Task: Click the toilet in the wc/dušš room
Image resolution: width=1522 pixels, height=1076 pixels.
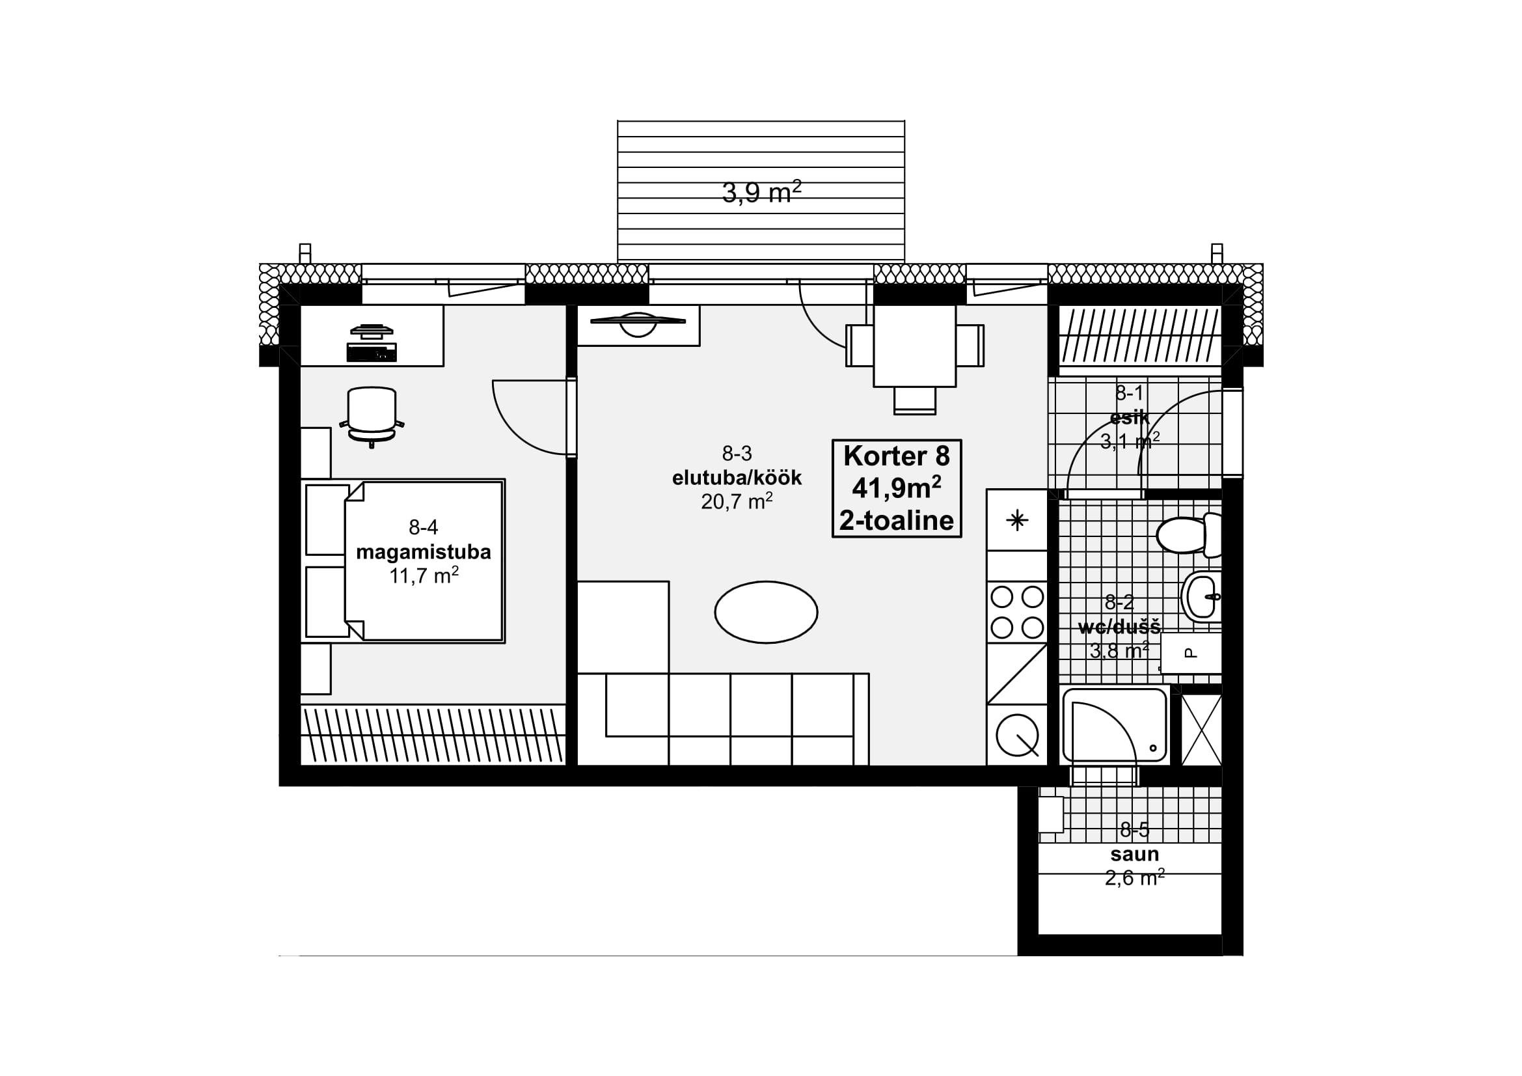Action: (1189, 534)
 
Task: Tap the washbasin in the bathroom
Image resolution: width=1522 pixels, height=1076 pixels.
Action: (1201, 597)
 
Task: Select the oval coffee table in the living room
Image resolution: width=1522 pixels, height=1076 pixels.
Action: (766, 612)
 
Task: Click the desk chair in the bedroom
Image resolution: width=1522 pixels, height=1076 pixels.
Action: (372, 417)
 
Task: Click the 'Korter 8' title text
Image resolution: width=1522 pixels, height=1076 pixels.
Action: (896, 456)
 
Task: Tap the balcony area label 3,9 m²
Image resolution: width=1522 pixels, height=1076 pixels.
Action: (762, 192)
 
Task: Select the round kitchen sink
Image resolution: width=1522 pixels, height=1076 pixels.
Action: (1018, 734)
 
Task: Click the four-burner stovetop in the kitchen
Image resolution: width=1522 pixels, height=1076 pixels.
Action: (1017, 612)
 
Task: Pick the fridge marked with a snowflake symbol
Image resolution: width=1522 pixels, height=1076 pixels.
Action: (1017, 521)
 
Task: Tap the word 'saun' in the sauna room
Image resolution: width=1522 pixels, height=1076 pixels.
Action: (1135, 854)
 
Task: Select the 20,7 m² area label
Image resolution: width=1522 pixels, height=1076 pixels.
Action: (737, 501)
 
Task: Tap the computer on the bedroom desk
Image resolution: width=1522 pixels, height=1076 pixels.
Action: (372, 344)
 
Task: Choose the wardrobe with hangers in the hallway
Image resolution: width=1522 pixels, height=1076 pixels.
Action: (1140, 335)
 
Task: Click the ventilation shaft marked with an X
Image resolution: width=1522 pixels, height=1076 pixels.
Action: (1201, 730)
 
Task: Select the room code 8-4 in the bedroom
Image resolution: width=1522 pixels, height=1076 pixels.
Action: (423, 527)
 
